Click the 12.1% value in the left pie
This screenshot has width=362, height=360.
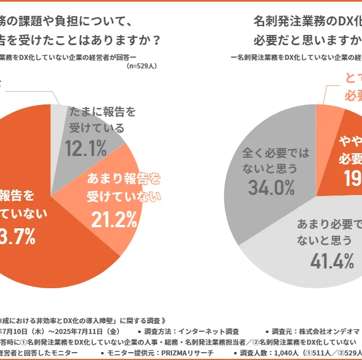86,148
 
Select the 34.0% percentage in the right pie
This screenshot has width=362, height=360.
269,188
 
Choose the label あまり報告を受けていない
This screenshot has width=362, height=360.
123,187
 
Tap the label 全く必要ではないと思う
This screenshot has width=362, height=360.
269,161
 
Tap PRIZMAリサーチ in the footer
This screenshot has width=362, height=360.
186,353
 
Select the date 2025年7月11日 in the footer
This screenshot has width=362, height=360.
88,331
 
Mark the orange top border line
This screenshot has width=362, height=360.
181,2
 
